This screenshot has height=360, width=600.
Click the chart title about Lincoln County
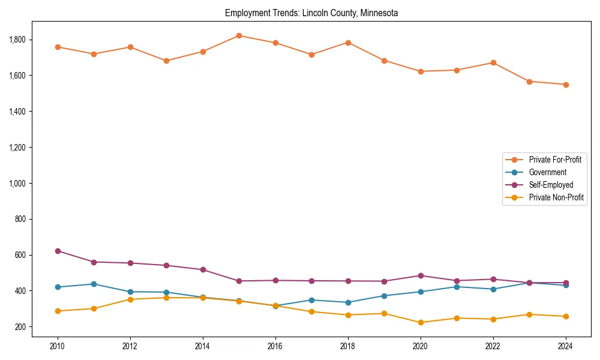(x=311, y=13)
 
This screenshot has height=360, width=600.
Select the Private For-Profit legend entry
(x=555, y=160)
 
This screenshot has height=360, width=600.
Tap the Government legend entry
(x=547, y=172)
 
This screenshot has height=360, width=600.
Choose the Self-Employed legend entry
(x=551, y=185)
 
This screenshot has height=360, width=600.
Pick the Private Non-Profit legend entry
(x=556, y=197)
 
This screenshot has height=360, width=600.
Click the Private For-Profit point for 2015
(x=239, y=35)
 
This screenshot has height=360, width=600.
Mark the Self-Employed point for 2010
(x=58, y=251)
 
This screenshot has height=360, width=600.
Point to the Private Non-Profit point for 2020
(x=420, y=323)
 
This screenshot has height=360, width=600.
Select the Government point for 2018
(x=348, y=302)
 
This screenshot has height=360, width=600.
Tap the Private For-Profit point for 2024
(x=565, y=85)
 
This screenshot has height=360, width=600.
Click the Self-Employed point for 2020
(x=420, y=276)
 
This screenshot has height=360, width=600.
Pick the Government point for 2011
(x=94, y=284)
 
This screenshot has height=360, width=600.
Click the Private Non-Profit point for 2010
(x=58, y=311)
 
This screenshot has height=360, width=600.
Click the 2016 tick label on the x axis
(x=275, y=347)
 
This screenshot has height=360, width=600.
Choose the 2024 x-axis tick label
(x=565, y=347)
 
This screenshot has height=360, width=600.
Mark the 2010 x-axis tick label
(x=58, y=347)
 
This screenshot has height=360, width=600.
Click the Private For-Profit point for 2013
(x=166, y=61)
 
